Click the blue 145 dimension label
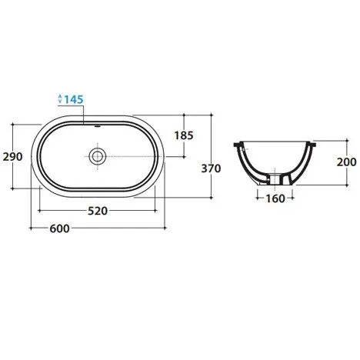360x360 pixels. click(x=74, y=99)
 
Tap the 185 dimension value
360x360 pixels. click(x=184, y=135)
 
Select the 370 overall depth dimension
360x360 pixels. click(x=211, y=168)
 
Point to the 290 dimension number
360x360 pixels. click(x=13, y=157)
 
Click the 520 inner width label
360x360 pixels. click(x=98, y=211)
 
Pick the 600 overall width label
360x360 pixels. click(x=59, y=228)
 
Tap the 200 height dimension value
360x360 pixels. click(x=346, y=162)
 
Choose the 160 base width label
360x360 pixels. click(x=275, y=198)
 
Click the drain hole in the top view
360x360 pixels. click(x=98, y=156)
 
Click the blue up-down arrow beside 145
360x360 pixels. click(x=60, y=98)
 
